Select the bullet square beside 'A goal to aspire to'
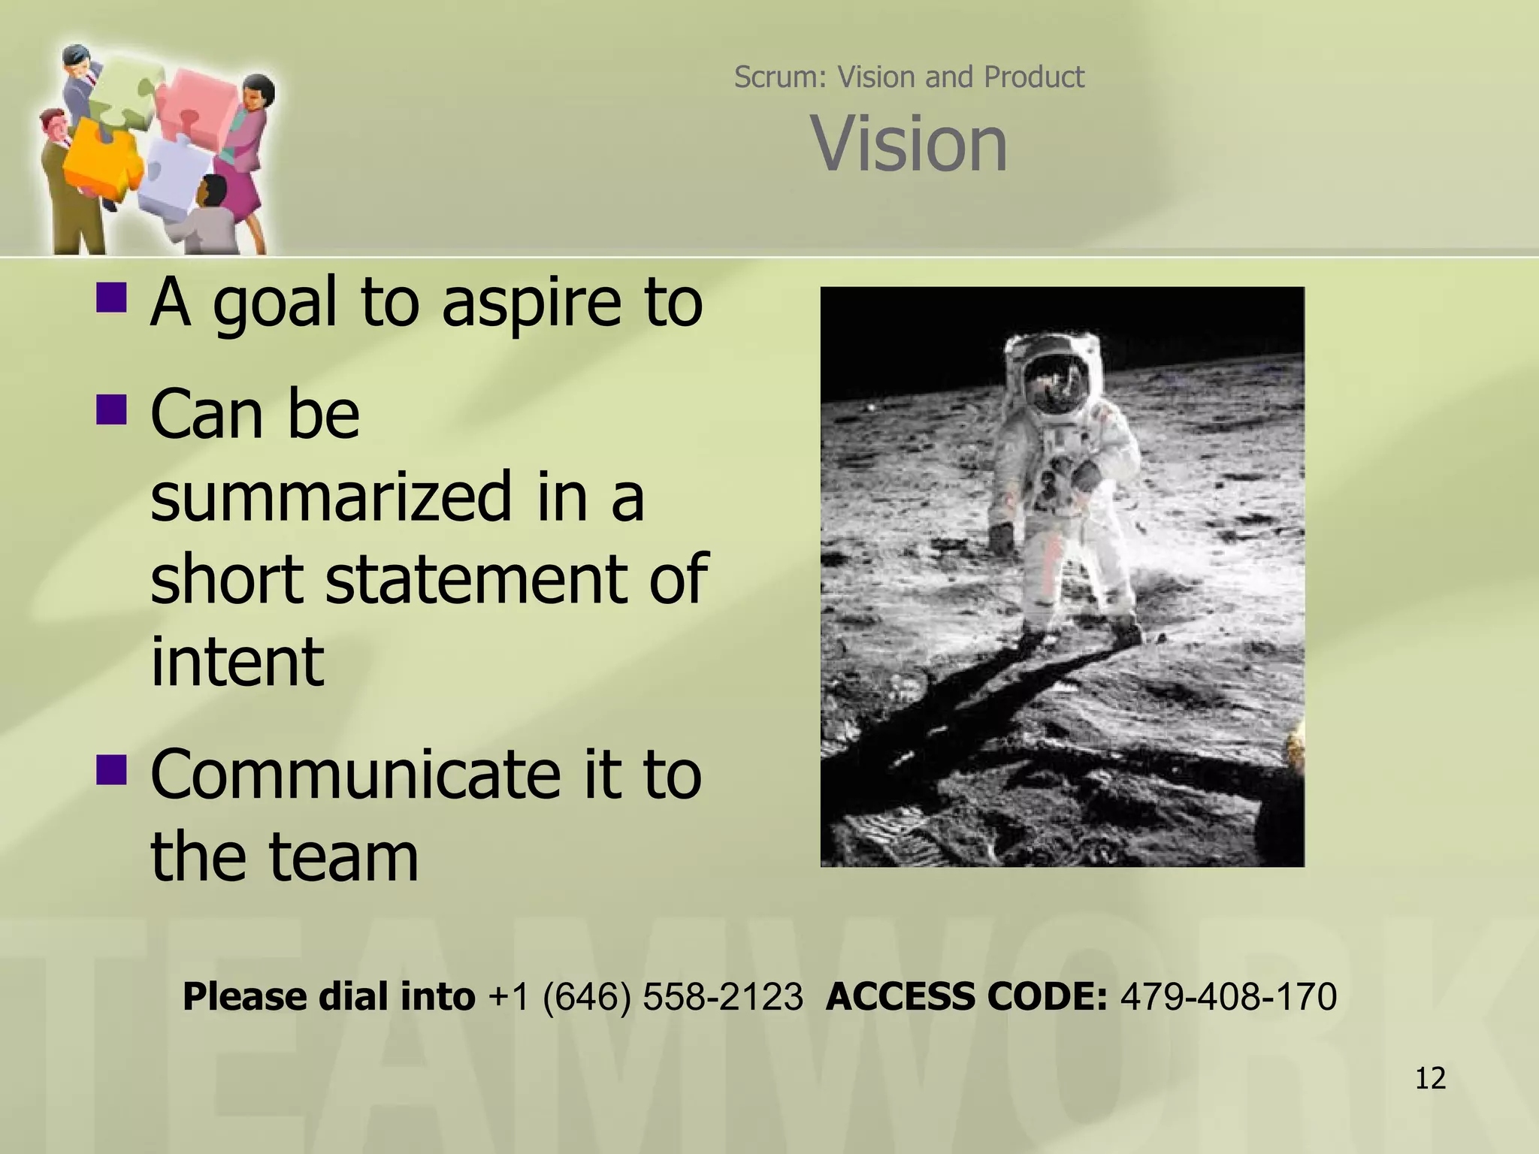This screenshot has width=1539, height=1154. (x=111, y=297)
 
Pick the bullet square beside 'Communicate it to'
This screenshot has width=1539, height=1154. (x=111, y=769)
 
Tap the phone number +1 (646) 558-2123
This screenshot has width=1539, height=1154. (x=645, y=997)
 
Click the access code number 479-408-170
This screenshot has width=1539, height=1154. (x=1228, y=997)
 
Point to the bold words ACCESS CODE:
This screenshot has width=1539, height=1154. (x=966, y=997)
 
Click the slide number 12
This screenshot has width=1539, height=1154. (x=1430, y=1078)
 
